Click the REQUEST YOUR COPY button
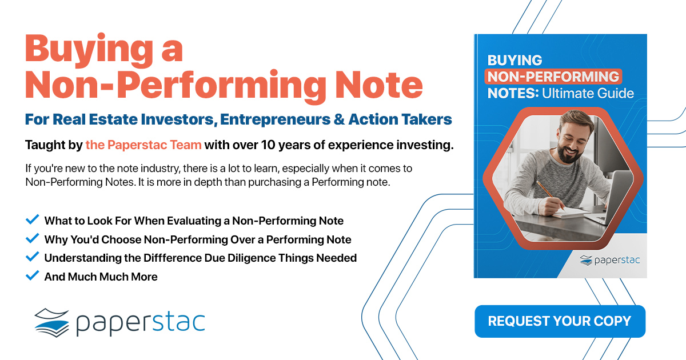560,321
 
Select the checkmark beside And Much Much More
32,275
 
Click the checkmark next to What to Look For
32,219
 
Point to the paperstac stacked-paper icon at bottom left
51,323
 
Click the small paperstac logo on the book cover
610,260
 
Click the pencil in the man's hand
550,195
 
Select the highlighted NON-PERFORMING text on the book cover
553,77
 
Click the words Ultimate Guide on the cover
588,93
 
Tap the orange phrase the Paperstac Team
143,145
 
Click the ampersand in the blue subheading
339,119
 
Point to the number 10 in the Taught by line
268,145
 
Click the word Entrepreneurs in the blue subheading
275,119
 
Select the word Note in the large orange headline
379,85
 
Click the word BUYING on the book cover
515,60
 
